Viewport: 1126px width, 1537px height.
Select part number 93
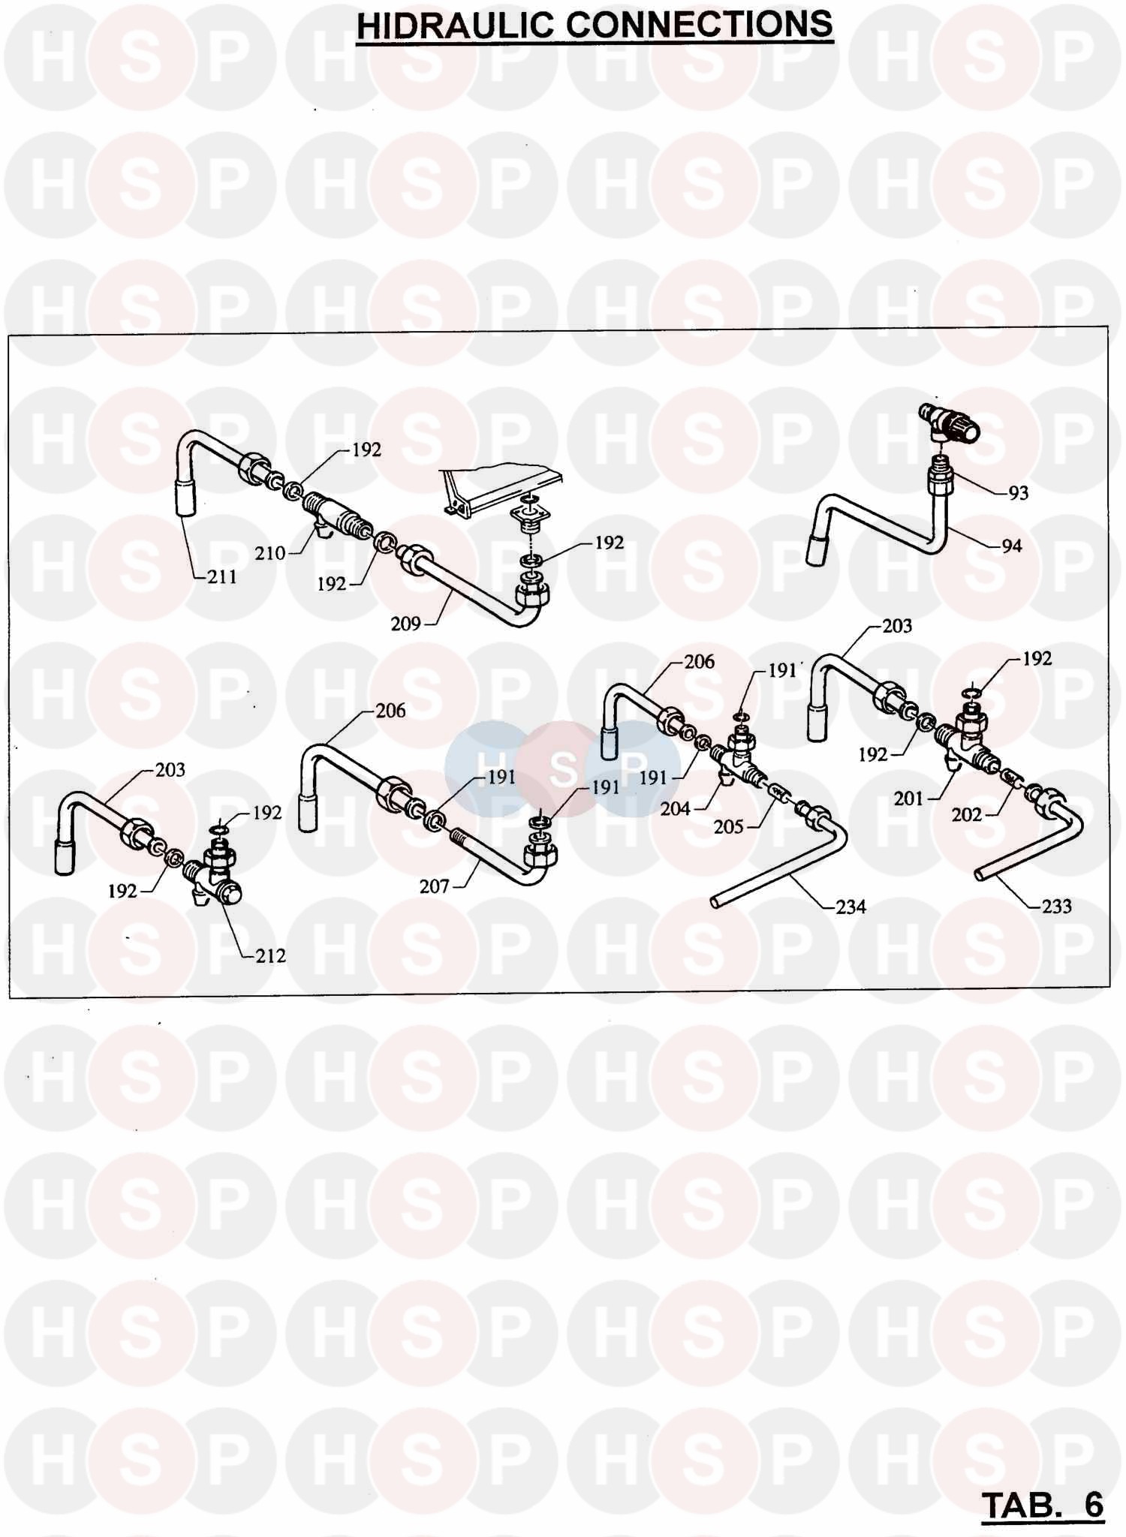[x=1018, y=493]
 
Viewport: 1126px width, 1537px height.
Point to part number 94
[x=1012, y=546]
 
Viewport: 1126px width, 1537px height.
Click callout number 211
[x=222, y=576]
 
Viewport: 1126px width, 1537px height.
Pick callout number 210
[x=270, y=553]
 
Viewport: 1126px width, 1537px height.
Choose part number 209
[x=405, y=623]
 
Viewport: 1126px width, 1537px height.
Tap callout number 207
[x=434, y=886]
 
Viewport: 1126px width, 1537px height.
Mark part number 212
[x=270, y=955]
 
